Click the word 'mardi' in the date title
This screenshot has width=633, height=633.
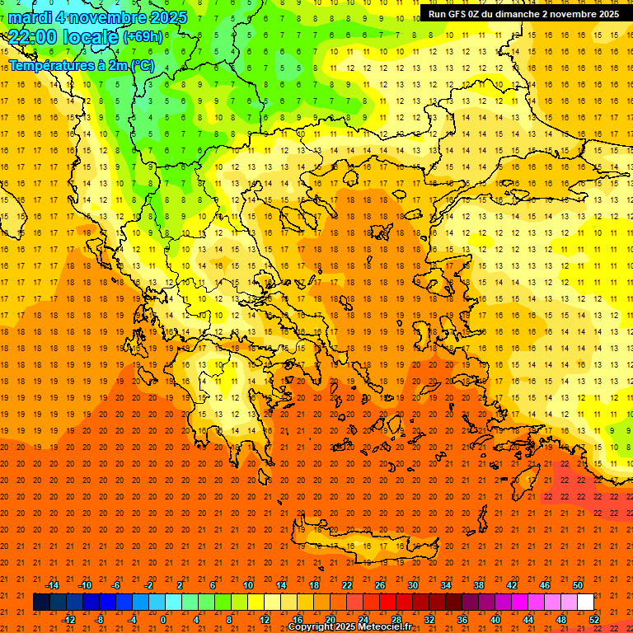pos(30,17)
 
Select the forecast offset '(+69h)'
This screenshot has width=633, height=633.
pos(143,37)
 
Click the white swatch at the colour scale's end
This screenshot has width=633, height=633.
pos(585,603)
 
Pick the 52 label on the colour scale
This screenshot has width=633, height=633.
pos(595,620)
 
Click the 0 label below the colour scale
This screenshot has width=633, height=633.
pos(163,620)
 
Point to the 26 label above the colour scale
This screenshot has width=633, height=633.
pos(380,585)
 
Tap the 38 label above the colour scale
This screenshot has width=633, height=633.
pos(479,585)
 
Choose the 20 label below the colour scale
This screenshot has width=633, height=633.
pos(331,620)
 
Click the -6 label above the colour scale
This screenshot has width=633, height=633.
pos(116,585)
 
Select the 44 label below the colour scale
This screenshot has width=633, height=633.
pos(528,620)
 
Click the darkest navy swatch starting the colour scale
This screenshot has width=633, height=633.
pos(41,603)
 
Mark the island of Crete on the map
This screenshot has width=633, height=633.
pos(363,546)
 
